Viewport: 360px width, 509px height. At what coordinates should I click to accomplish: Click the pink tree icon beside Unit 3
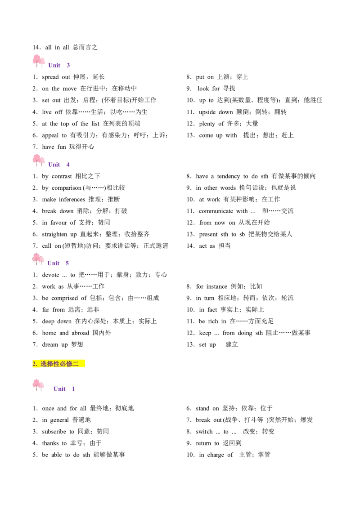coord(39,60)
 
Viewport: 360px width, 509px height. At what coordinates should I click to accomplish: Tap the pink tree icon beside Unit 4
coord(39,160)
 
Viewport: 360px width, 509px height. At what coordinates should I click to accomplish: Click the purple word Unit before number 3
coord(54,65)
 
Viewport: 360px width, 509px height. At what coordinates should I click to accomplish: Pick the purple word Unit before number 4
coord(54,165)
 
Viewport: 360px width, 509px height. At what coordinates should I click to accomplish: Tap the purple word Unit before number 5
coord(54,263)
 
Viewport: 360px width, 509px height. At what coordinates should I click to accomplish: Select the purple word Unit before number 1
coord(59,388)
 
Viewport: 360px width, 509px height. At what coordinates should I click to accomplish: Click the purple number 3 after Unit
coord(68,65)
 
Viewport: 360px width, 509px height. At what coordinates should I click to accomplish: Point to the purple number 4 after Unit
coord(68,165)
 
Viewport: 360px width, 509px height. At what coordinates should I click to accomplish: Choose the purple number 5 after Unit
coord(68,263)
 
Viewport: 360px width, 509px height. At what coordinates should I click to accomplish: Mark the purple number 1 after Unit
coord(74,388)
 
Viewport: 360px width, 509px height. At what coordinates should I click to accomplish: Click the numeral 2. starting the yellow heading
coord(35,364)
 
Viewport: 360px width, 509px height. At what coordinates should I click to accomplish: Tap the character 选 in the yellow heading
coord(44,364)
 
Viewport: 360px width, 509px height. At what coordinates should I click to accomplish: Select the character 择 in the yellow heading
coord(50,364)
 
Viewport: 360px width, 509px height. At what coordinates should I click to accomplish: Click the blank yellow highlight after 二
coord(82,364)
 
